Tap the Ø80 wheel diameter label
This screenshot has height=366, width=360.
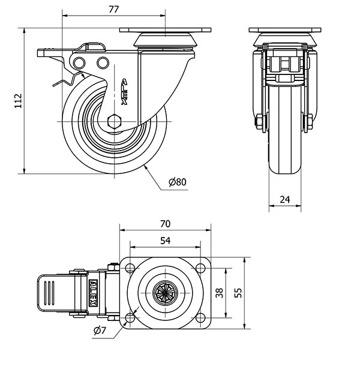(178, 182)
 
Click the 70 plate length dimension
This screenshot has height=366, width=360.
(166, 223)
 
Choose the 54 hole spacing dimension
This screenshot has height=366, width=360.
(166, 241)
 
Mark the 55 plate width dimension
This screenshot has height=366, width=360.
(238, 293)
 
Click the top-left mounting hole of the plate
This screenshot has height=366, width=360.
(130, 267)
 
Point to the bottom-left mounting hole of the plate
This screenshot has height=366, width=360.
(130, 318)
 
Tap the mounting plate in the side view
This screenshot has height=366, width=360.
(166, 29)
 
